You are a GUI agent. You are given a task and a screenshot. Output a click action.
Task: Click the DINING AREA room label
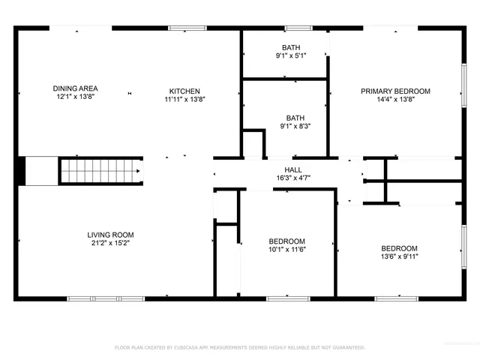[x=75, y=88]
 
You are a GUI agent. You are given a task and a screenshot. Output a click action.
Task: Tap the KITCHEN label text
[x=184, y=91]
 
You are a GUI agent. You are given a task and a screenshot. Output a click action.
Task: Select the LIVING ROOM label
[x=110, y=235]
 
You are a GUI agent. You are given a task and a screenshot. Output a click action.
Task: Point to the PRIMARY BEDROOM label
[x=395, y=91]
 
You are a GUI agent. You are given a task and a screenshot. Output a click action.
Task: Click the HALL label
[x=292, y=170]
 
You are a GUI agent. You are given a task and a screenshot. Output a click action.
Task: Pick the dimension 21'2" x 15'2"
[x=110, y=243]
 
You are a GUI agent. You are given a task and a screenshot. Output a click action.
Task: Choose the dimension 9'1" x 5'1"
[x=292, y=55]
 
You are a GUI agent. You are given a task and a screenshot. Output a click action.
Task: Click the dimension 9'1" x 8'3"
[x=295, y=126]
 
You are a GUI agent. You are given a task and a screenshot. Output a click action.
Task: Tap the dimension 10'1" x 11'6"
[x=287, y=250]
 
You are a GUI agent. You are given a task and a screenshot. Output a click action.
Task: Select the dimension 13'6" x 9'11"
[x=399, y=256]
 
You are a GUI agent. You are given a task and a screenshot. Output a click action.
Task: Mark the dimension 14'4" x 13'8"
[x=395, y=99]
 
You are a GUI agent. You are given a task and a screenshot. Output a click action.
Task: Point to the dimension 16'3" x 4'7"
[x=292, y=178]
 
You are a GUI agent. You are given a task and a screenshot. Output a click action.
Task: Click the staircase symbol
[x=100, y=170]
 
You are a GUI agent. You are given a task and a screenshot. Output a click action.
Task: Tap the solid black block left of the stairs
[x=21, y=170]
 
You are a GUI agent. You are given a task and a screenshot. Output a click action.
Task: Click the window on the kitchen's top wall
[x=183, y=28]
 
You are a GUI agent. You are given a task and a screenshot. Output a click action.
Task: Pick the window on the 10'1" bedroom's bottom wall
[x=288, y=298]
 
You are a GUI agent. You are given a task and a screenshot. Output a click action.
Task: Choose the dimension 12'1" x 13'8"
[x=75, y=97]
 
